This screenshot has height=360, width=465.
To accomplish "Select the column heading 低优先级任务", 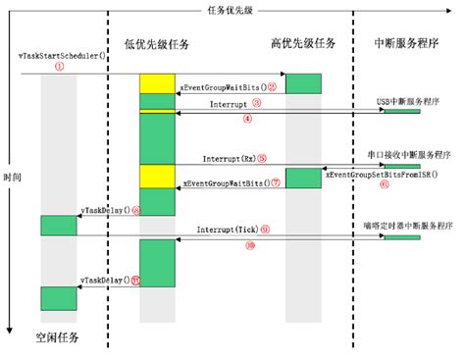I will tap(156, 44).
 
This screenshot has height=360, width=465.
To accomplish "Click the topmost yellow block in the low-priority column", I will tap(156, 83).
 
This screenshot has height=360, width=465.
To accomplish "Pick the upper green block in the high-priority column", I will tap(302, 83).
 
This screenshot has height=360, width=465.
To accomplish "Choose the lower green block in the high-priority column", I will tap(302, 178).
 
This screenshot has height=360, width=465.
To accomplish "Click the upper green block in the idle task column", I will tap(58, 225).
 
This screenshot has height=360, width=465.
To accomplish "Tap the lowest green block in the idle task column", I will tap(58, 297).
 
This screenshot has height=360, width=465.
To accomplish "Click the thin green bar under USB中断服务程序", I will tap(401, 111).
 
